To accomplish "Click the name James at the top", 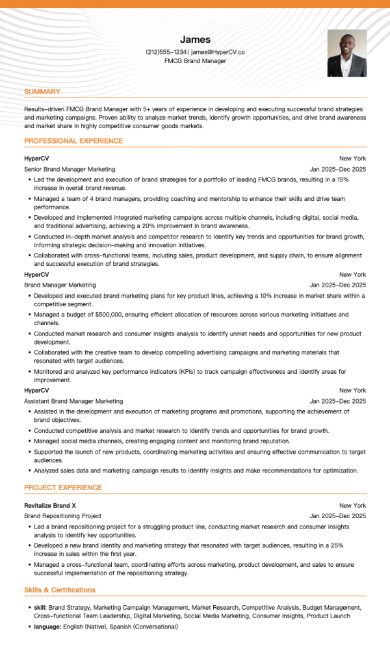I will [195, 40].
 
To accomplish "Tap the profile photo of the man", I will [346, 53].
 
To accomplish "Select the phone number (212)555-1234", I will [167, 52].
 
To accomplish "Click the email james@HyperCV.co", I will [218, 52].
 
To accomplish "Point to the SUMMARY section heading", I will [42, 92].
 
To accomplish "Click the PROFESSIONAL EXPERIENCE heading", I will [73, 140].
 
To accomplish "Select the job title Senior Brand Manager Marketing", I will [70, 169].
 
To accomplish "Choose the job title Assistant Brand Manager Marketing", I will [73, 401].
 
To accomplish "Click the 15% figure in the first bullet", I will [343, 179].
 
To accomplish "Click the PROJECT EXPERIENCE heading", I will [63, 488].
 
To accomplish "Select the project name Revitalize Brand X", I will [50, 505].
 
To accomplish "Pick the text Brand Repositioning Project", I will [62, 516].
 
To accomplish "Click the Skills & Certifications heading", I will [60, 590].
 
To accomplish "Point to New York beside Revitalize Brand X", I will [352, 505].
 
